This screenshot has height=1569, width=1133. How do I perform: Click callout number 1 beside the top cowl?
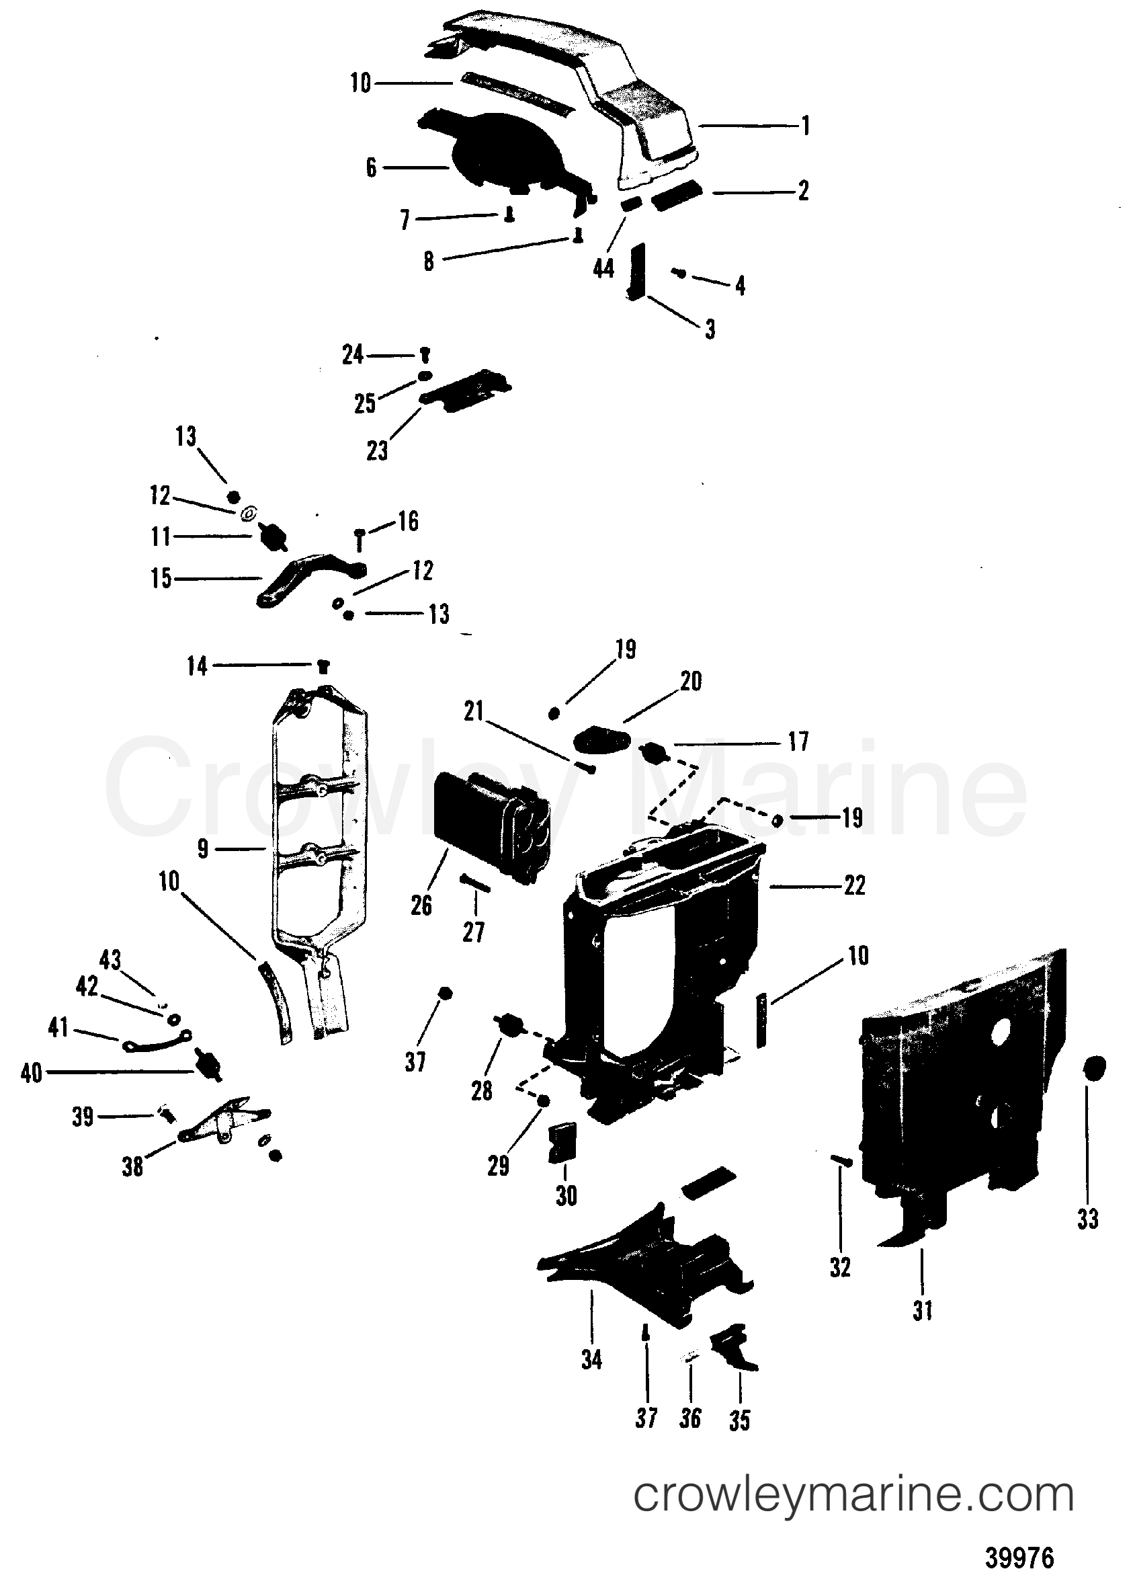click(804, 126)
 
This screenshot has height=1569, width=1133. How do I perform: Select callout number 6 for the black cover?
click(371, 167)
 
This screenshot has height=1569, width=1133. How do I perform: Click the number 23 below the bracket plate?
click(377, 451)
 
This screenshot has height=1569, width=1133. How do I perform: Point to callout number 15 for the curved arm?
click(161, 577)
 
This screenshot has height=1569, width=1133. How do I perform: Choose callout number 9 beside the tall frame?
click(202, 848)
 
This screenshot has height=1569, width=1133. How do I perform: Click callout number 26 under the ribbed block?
click(421, 905)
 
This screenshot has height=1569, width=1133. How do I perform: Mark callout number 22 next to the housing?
click(854, 885)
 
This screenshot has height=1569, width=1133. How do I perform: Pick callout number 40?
click(31, 1073)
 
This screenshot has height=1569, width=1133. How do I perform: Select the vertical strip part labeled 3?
click(636, 272)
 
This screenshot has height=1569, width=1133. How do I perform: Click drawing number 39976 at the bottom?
click(1018, 1553)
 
